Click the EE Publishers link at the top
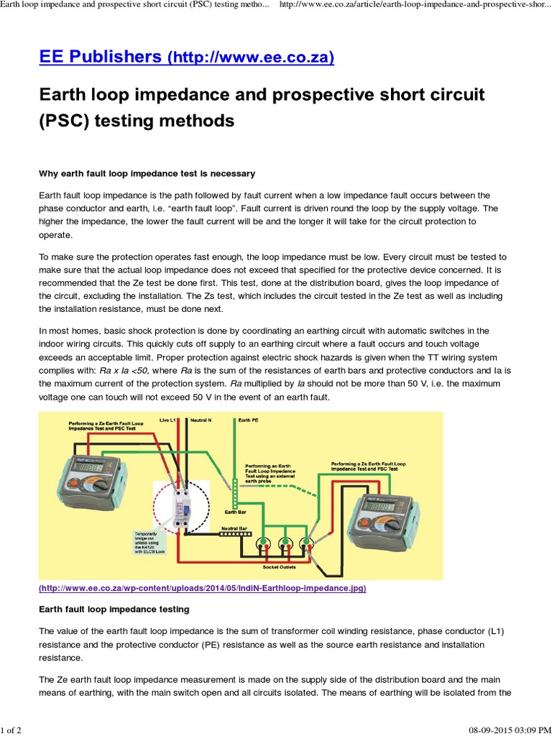point(185,57)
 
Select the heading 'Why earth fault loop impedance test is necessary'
point(146,174)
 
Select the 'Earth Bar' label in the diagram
point(235,511)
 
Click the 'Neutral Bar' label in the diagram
point(234,527)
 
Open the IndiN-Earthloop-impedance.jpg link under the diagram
point(203,588)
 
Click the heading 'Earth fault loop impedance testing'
point(114,609)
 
